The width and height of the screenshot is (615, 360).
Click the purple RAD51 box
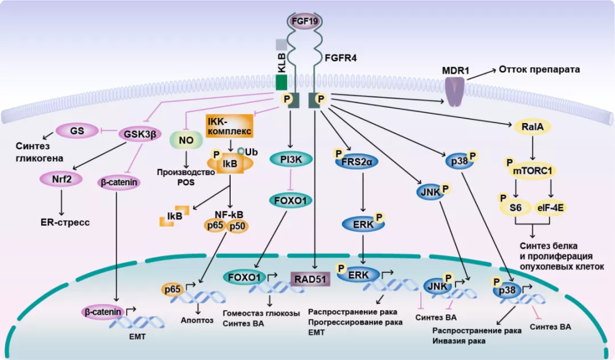tap(310, 279)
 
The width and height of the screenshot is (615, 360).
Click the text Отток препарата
tap(539, 70)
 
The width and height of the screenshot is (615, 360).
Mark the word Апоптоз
tap(198, 320)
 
